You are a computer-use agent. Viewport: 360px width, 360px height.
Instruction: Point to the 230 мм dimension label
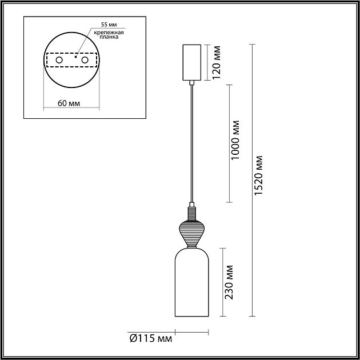tap(229, 282)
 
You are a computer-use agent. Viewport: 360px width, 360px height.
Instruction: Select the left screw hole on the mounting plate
tap(59, 60)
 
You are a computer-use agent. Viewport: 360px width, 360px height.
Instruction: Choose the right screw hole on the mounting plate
tap(85, 60)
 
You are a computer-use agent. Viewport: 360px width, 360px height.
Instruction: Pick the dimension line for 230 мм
tap(222, 282)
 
